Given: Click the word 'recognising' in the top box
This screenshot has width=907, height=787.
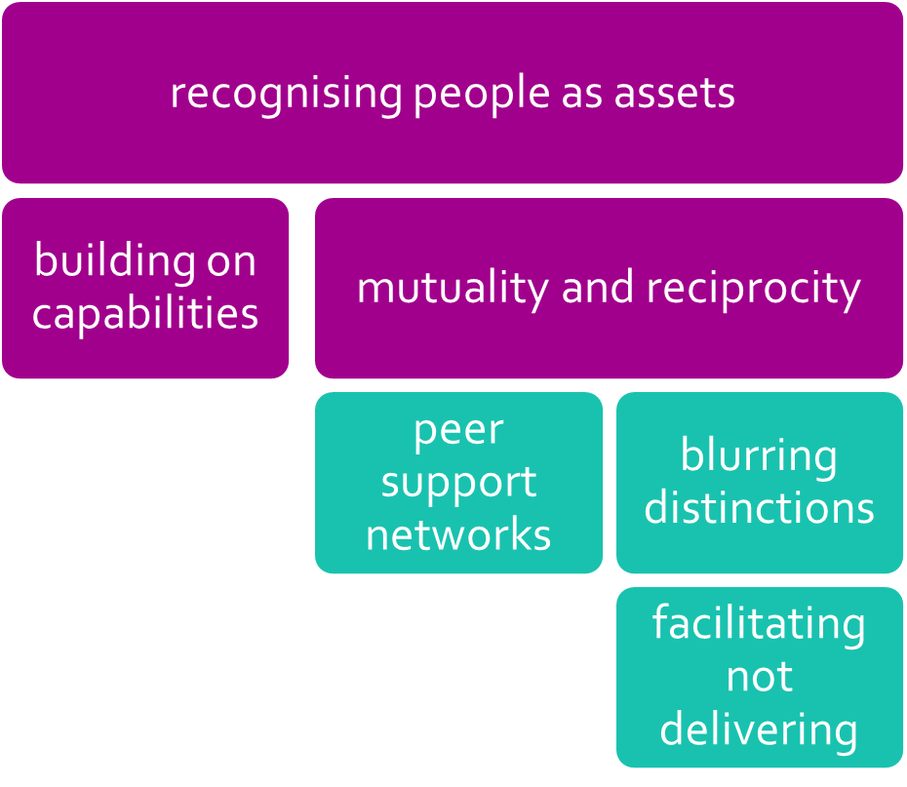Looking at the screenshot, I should pyautogui.click(x=286, y=94).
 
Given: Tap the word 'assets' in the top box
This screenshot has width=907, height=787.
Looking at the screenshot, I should pyautogui.click(x=675, y=94).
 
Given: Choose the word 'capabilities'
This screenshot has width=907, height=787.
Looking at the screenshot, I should pyautogui.click(x=145, y=314).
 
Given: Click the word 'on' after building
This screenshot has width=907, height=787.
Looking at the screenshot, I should pyautogui.click(x=231, y=261).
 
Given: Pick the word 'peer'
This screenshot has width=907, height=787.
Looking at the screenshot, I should pyautogui.click(x=458, y=431).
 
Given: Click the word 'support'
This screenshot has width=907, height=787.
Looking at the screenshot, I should pyautogui.click(x=458, y=484).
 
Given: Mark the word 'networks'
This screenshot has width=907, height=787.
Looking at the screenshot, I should pyautogui.click(x=458, y=534).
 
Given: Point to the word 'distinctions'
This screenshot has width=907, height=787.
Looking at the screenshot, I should pyautogui.click(x=759, y=508).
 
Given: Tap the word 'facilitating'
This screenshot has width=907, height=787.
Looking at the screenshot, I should pyautogui.click(x=759, y=624).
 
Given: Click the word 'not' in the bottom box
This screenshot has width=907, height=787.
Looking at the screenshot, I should pyautogui.click(x=759, y=677).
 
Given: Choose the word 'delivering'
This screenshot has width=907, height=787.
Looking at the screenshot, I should pyautogui.click(x=759, y=729).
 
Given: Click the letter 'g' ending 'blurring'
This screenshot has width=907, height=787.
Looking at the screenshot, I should pyautogui.click(x=824, y=460).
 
